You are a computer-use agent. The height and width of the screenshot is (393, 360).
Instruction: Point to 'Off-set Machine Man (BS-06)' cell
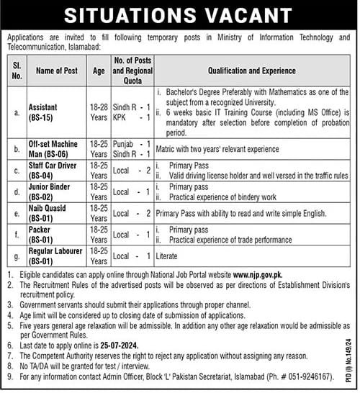55,149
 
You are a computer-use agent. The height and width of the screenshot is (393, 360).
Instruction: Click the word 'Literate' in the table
168,256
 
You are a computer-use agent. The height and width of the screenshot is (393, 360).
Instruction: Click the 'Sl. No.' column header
17,71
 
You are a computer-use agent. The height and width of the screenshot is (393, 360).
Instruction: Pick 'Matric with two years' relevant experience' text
217,150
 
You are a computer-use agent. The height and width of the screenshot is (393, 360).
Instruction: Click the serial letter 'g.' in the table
17,256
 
